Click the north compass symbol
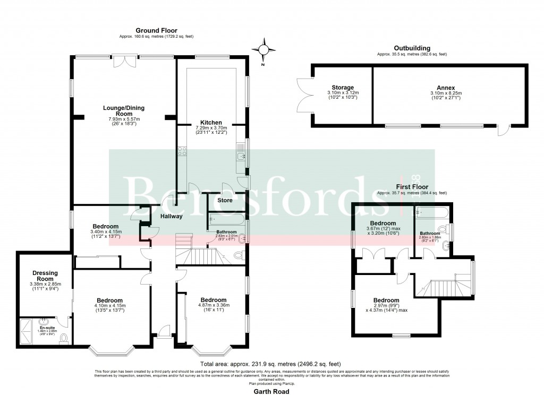[263, 50]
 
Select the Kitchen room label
[211, 122]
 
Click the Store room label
[225, 200]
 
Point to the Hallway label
[171, 216]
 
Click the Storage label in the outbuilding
[343, 88]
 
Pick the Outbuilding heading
[412, 48]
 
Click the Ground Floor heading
[156, 31]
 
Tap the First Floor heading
[412, 187]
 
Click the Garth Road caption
[271, 391]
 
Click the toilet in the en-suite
[64, 338]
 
